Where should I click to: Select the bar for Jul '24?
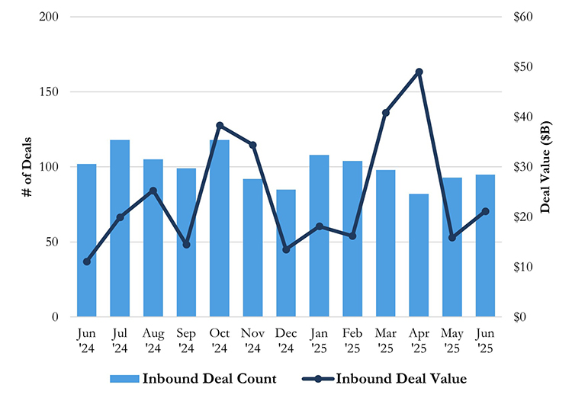pyautogui.click(x=120, y=229)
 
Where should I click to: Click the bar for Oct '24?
pyautogui.click(x=220, y=229)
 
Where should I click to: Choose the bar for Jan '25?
pyautogui.click(x=319, y=236)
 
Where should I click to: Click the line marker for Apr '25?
pyautogui.click(x=419, y=72)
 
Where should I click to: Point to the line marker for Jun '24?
pyautogui.click(x=87, y=261)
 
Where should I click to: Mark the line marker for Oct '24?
pyautogui.click(x=220, y=125)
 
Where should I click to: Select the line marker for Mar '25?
pyautogui.click(x=386, y=113)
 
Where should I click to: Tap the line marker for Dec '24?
pyautogui.click(x=286, y=249)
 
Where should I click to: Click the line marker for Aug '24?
pyautogui.click(x=153, y=191)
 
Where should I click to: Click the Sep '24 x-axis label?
pyautogui.click(x=186, y=340)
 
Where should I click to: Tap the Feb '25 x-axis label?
pyautogui.click(x=352, y=340)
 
